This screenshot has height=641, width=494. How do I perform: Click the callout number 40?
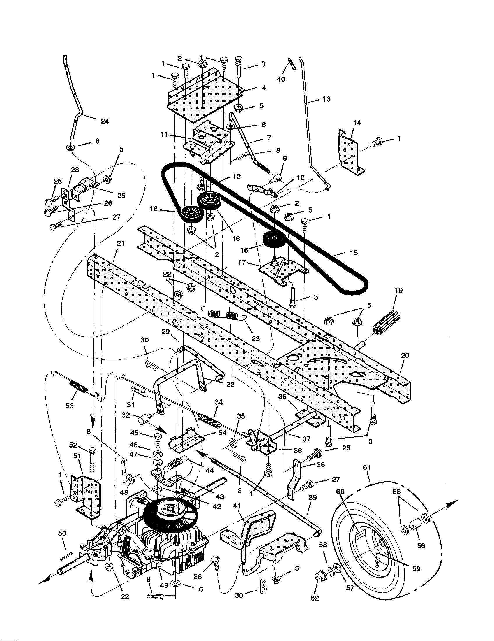281,79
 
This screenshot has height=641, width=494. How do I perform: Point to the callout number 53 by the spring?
70,406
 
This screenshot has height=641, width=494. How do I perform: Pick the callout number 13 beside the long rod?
326,99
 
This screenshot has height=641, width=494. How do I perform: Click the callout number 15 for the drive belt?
354,253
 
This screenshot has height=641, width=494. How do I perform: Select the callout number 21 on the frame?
121,243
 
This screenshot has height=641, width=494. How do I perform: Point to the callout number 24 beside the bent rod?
105,121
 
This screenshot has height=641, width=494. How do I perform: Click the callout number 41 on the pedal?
237,506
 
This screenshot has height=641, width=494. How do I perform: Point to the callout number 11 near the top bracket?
164,134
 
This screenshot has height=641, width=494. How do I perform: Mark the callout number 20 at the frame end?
405,356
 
